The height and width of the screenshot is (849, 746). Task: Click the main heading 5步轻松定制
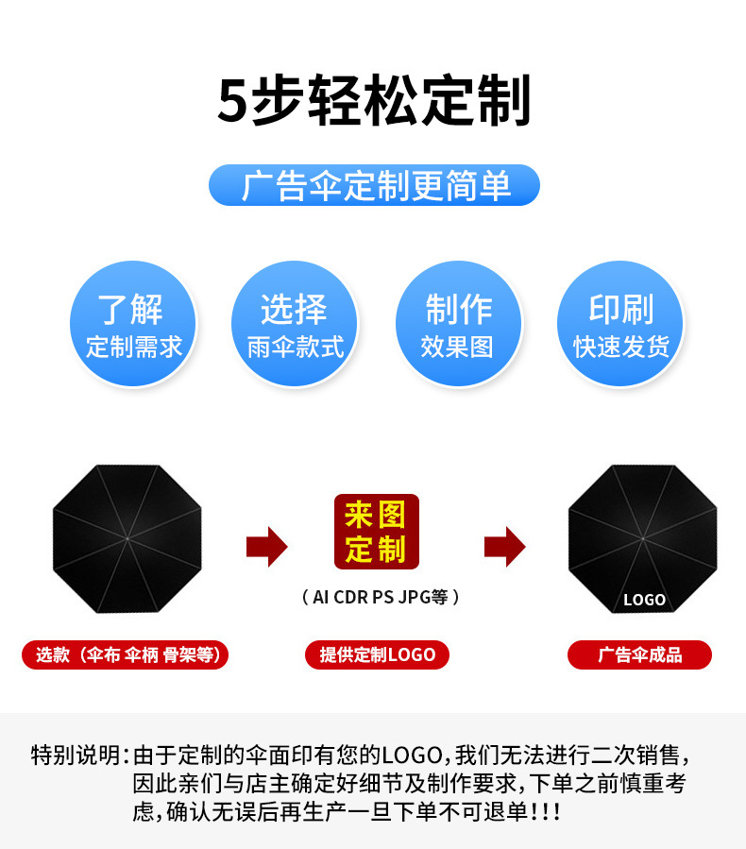tap(374, 101)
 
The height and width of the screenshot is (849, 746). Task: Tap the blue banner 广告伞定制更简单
tap(374, 185)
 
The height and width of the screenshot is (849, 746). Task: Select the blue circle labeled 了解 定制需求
tap(133, 324)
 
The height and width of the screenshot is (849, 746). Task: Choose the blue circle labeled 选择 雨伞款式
tap(294, 324)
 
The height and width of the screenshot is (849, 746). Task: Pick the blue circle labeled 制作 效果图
tap(458, 324)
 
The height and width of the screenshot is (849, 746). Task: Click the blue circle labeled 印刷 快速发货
tap(620, 324)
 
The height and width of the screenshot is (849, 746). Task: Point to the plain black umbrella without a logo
tap(127, 538)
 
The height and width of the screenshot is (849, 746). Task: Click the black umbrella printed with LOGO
tap(643, 538)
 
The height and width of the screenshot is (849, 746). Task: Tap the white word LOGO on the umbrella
tap(644, 600)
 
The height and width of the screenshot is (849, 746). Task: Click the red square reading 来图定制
tap(375, 531)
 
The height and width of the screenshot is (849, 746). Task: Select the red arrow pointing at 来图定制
tap(266, 546)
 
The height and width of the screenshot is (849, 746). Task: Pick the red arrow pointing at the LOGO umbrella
tap(504, 546)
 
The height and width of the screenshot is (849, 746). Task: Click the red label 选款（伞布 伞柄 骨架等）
tap(126, 654)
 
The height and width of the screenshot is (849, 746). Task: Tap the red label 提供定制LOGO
tap(377, 654)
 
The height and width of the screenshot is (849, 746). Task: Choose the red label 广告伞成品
tap(639, 654)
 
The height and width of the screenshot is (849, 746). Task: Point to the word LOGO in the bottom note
tap(413, 756)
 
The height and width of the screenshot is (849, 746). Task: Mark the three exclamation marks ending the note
tap(547, 812)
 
